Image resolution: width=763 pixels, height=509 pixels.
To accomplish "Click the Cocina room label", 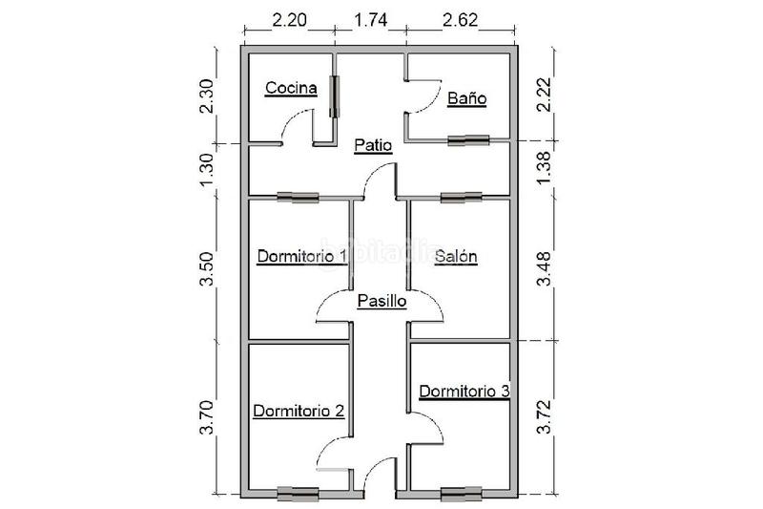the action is (x=291, y=88).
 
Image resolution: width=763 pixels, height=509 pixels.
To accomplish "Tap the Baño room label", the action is (x=466, y=98).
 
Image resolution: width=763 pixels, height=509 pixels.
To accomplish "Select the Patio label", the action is (x=373, y=145).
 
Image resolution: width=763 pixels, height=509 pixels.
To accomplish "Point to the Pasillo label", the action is (x=382, y=301).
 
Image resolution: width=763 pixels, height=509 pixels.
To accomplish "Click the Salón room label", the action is (x=456, y=256).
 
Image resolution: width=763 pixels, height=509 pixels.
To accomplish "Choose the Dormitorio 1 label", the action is (x=302, y=256).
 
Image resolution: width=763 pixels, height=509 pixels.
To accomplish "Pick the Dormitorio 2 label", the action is (x=299, y=411).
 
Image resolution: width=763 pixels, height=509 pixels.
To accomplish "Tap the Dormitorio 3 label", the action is (x=464, y=392).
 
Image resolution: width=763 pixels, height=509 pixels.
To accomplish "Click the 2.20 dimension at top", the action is (x=290, y=20).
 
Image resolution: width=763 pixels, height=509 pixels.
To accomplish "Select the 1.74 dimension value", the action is (x=371, y=20).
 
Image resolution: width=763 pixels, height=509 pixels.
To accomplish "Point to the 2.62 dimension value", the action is (x=460, y=20).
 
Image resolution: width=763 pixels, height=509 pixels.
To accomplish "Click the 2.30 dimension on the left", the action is (x=206, y=95).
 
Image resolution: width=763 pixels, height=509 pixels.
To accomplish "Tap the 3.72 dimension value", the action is (x=544, y=416).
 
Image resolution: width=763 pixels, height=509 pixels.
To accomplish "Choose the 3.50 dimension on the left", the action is (x=206, y=269).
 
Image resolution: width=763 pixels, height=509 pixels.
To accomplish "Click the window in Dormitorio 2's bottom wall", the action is (x=298, y=494).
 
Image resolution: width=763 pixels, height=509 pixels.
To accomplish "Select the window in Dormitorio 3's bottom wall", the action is (x=462, y=494).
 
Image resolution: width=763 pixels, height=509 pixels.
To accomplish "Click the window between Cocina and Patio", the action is (x=335, y=96).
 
